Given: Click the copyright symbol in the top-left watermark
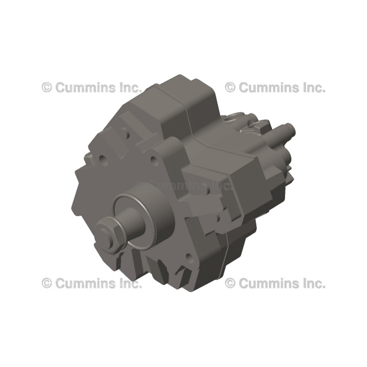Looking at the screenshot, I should tap(47, 87).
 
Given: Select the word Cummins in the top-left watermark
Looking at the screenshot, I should tap(84, 87).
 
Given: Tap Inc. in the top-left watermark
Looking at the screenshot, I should tap(128, 87).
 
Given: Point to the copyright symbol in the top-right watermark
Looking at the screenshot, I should tap(231, 87).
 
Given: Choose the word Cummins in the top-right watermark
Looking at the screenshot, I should tap(267, 87).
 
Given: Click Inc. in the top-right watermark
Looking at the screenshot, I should tap(311, 87).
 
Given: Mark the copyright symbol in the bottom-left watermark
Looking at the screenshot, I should tap(47, 283).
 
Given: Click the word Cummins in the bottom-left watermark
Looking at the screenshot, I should tap(84, 283).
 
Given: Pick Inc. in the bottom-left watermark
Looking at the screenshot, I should tap(128, 283).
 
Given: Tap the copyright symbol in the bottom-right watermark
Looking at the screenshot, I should tap(231, 283).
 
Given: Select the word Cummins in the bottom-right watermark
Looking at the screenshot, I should tap(267, 283).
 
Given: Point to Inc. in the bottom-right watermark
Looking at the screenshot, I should tap(311, 283).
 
